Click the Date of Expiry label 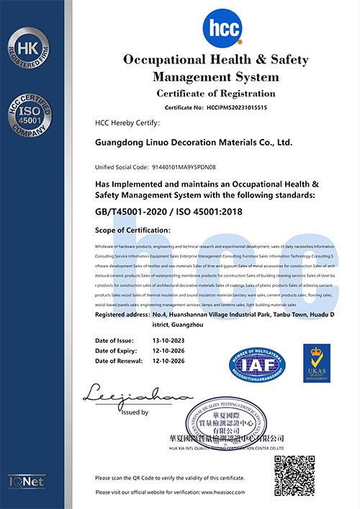pyautogui.click(x=119, y=350)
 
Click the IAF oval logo pyautogui.click(x=257, y=364)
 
